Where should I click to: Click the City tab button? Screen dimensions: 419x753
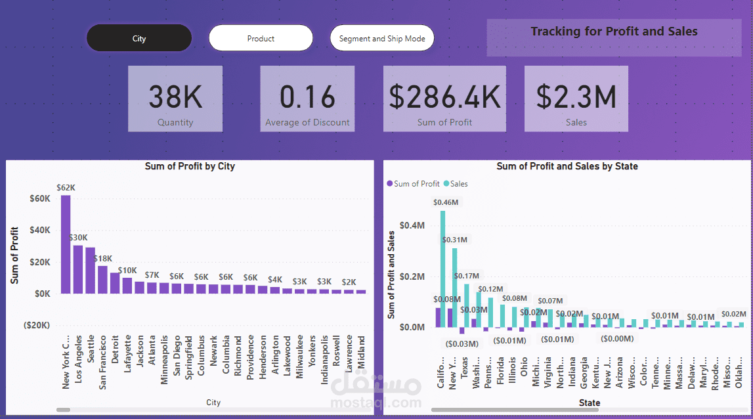139,39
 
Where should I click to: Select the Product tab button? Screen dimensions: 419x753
261,39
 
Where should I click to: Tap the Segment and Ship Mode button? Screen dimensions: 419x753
382,39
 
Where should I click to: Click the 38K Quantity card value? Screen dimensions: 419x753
175,97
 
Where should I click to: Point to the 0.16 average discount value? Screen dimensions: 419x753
307,97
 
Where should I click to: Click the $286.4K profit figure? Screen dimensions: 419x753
444,97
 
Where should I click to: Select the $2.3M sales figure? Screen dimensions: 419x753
576,97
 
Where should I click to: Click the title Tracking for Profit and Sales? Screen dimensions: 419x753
614,32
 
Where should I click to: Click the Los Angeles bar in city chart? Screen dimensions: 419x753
78,269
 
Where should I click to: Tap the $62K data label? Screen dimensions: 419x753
66,188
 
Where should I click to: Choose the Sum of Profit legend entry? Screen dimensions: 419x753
417,184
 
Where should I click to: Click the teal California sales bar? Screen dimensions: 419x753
442,269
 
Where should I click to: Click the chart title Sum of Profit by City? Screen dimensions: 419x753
190,167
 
